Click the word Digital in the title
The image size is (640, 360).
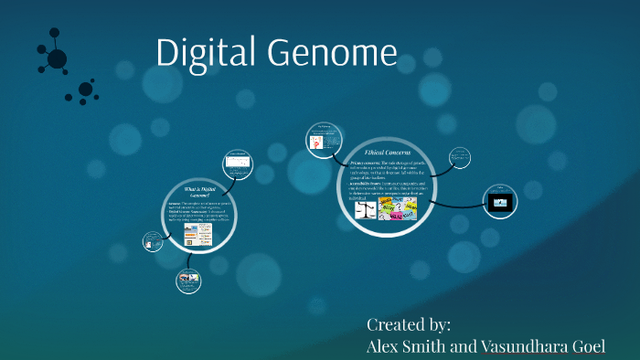207,52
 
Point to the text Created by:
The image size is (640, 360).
409,324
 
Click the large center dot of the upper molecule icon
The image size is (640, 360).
57,59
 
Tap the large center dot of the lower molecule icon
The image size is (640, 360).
85,89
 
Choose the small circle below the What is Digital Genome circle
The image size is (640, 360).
189,280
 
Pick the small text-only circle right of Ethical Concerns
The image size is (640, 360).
461,158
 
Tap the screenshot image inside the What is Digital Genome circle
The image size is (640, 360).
197,234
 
